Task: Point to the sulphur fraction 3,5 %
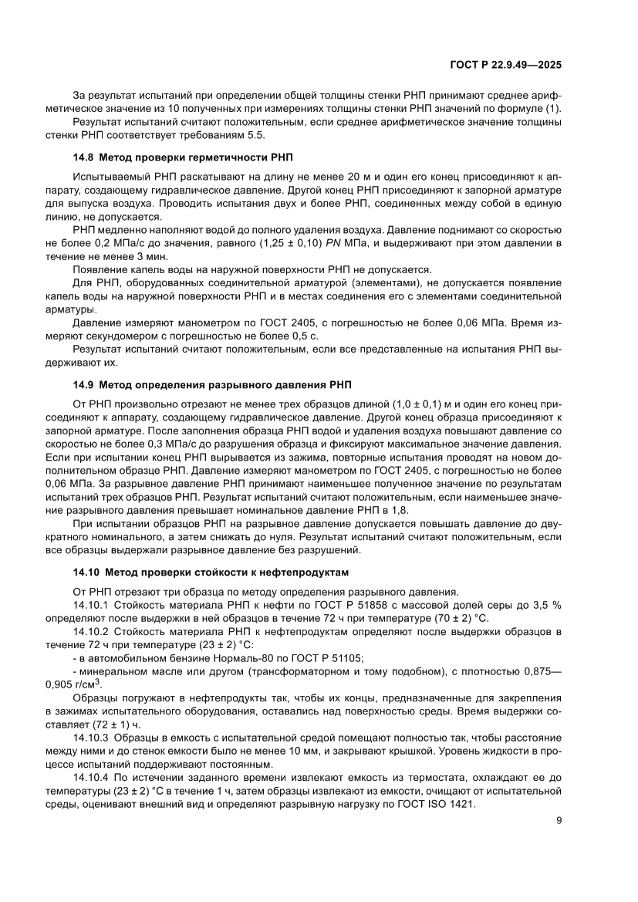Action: [546, 606]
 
